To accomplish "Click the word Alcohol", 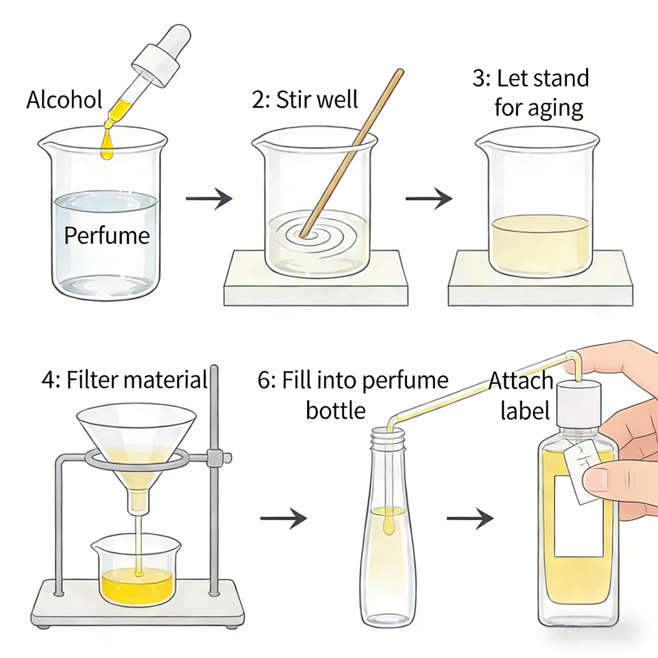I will coord(64,100).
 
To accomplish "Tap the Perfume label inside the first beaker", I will coord(106,236).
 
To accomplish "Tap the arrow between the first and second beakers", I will coord(209,199).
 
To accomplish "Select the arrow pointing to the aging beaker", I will coord(428,199).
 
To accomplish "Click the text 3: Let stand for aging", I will coord(531,93).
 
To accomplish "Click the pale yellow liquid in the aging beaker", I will coord(540,243).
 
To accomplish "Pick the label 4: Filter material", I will coord(124,380).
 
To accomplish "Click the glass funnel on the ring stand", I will coord(137,439).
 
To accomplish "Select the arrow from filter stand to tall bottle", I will coord(283,518).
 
